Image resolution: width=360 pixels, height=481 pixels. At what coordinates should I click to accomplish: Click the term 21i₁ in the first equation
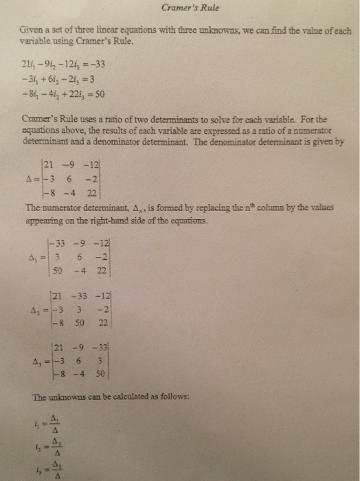point(30,66)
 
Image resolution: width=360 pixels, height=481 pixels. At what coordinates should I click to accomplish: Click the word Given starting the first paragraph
point(32,31)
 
